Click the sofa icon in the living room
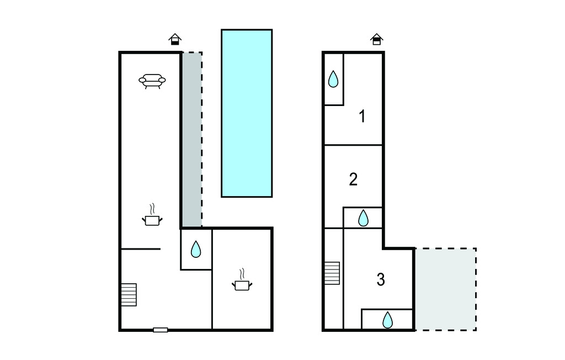pos(152,81)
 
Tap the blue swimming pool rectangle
pos(247,113)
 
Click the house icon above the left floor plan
pos(175,39)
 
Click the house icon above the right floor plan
pos(376,39)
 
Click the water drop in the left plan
pos(196,249)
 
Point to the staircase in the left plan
pos(129,295)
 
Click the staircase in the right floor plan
pos(332,273)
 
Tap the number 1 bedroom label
pos(363,116)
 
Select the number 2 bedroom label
pos(353,179)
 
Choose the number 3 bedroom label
pos(381,279)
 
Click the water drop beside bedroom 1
pos(333,79)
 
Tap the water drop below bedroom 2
pos(363,218)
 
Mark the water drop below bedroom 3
pos(387,320)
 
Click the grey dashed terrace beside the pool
pos(191,139)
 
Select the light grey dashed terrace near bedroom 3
pos(446,289)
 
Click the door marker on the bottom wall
pos(161,330)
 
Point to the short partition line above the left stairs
pos(141,249)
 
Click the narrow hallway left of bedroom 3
pos(334,278)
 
